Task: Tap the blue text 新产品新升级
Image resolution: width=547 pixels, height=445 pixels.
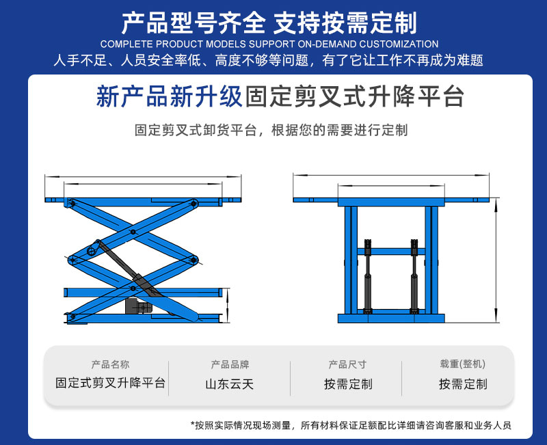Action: tap(170, 96)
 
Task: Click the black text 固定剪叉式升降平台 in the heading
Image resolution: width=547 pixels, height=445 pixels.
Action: tap(353, 96)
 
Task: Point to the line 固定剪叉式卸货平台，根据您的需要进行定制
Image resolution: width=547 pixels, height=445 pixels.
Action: tap(271, 130)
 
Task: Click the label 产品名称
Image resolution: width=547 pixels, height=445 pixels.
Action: tap(110, 364)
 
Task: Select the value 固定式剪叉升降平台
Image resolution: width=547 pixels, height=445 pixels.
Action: tap(110, 383)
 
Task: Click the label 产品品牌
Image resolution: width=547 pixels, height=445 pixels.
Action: tap(230, 364)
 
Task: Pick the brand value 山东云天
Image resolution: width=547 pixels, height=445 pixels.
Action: tap(230, 384)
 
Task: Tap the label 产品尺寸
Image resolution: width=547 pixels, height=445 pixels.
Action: tap(347, 364)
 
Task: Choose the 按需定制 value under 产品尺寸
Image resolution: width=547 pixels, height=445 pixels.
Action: tap(348, 384)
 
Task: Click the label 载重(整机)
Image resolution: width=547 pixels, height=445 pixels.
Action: tap(463, 364)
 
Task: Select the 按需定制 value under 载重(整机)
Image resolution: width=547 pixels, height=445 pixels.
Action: tap(463, 384)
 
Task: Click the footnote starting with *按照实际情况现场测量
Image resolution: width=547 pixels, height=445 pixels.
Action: tap(351, 425)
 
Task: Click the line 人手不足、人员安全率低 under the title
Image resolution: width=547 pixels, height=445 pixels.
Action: tap(269, 60)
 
